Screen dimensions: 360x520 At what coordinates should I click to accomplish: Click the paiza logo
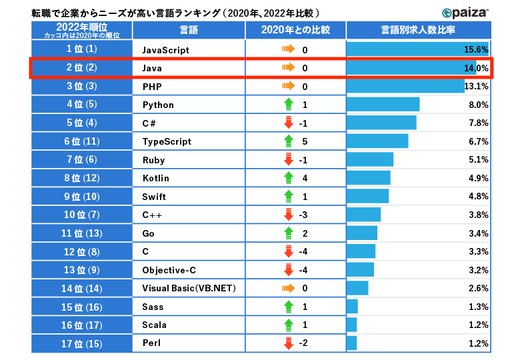[465, 12]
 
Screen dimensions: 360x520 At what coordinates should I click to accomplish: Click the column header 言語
[189, 30]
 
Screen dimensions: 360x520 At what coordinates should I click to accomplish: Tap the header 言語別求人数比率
[418, 30]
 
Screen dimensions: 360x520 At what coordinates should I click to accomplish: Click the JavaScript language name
[166, 50]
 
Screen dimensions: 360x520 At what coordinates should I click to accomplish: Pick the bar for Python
[383, 105]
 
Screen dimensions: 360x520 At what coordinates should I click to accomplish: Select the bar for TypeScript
[377, 141]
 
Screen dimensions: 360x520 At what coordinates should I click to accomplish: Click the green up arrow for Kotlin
[289, 178]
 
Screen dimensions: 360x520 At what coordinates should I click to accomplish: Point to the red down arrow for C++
[289, 215]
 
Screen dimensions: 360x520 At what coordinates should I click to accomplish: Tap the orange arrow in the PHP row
[288, 87]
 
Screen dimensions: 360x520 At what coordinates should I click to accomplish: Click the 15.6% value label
[476, 50]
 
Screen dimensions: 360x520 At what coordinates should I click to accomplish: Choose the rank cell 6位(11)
[82, 141]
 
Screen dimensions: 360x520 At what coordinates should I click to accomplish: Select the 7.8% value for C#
[478, 123]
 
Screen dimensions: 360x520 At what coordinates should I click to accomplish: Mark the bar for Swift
[367, 197]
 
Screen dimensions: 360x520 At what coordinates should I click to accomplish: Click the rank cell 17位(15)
[82, 344]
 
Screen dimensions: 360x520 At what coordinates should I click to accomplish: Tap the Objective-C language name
[169, 270]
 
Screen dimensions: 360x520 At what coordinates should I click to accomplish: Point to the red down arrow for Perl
[289, 344]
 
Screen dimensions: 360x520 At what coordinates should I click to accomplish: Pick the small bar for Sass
[352, 307]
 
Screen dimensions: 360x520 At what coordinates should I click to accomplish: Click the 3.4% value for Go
[478, 233]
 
